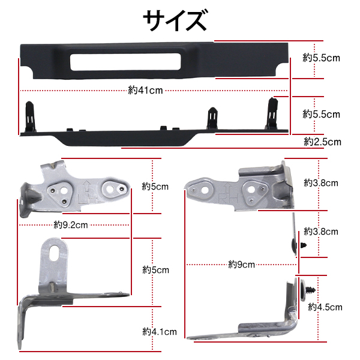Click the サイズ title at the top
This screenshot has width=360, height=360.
point(175,20)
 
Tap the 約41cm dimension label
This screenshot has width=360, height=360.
point(145,90)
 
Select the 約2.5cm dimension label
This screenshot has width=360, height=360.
point(322,142)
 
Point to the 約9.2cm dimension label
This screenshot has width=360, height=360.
point(71,225)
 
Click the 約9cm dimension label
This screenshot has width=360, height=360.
point(242,265)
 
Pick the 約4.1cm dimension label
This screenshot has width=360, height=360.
point(160,332)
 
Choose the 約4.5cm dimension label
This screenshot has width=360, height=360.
point(325,307)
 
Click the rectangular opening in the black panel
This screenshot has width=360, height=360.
point(125,62)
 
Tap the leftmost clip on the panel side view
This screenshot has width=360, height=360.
point(31,116)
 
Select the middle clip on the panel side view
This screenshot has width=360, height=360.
point(212,118)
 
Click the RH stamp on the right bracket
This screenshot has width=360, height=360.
point(228,198)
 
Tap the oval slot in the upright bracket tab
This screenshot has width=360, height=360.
point(54,253)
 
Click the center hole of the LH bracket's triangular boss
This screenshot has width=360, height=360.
point(64,190)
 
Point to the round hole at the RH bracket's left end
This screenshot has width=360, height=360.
point(205,190)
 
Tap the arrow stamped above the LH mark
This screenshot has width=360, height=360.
point(87,186)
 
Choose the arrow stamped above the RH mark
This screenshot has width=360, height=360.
point(227,188)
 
